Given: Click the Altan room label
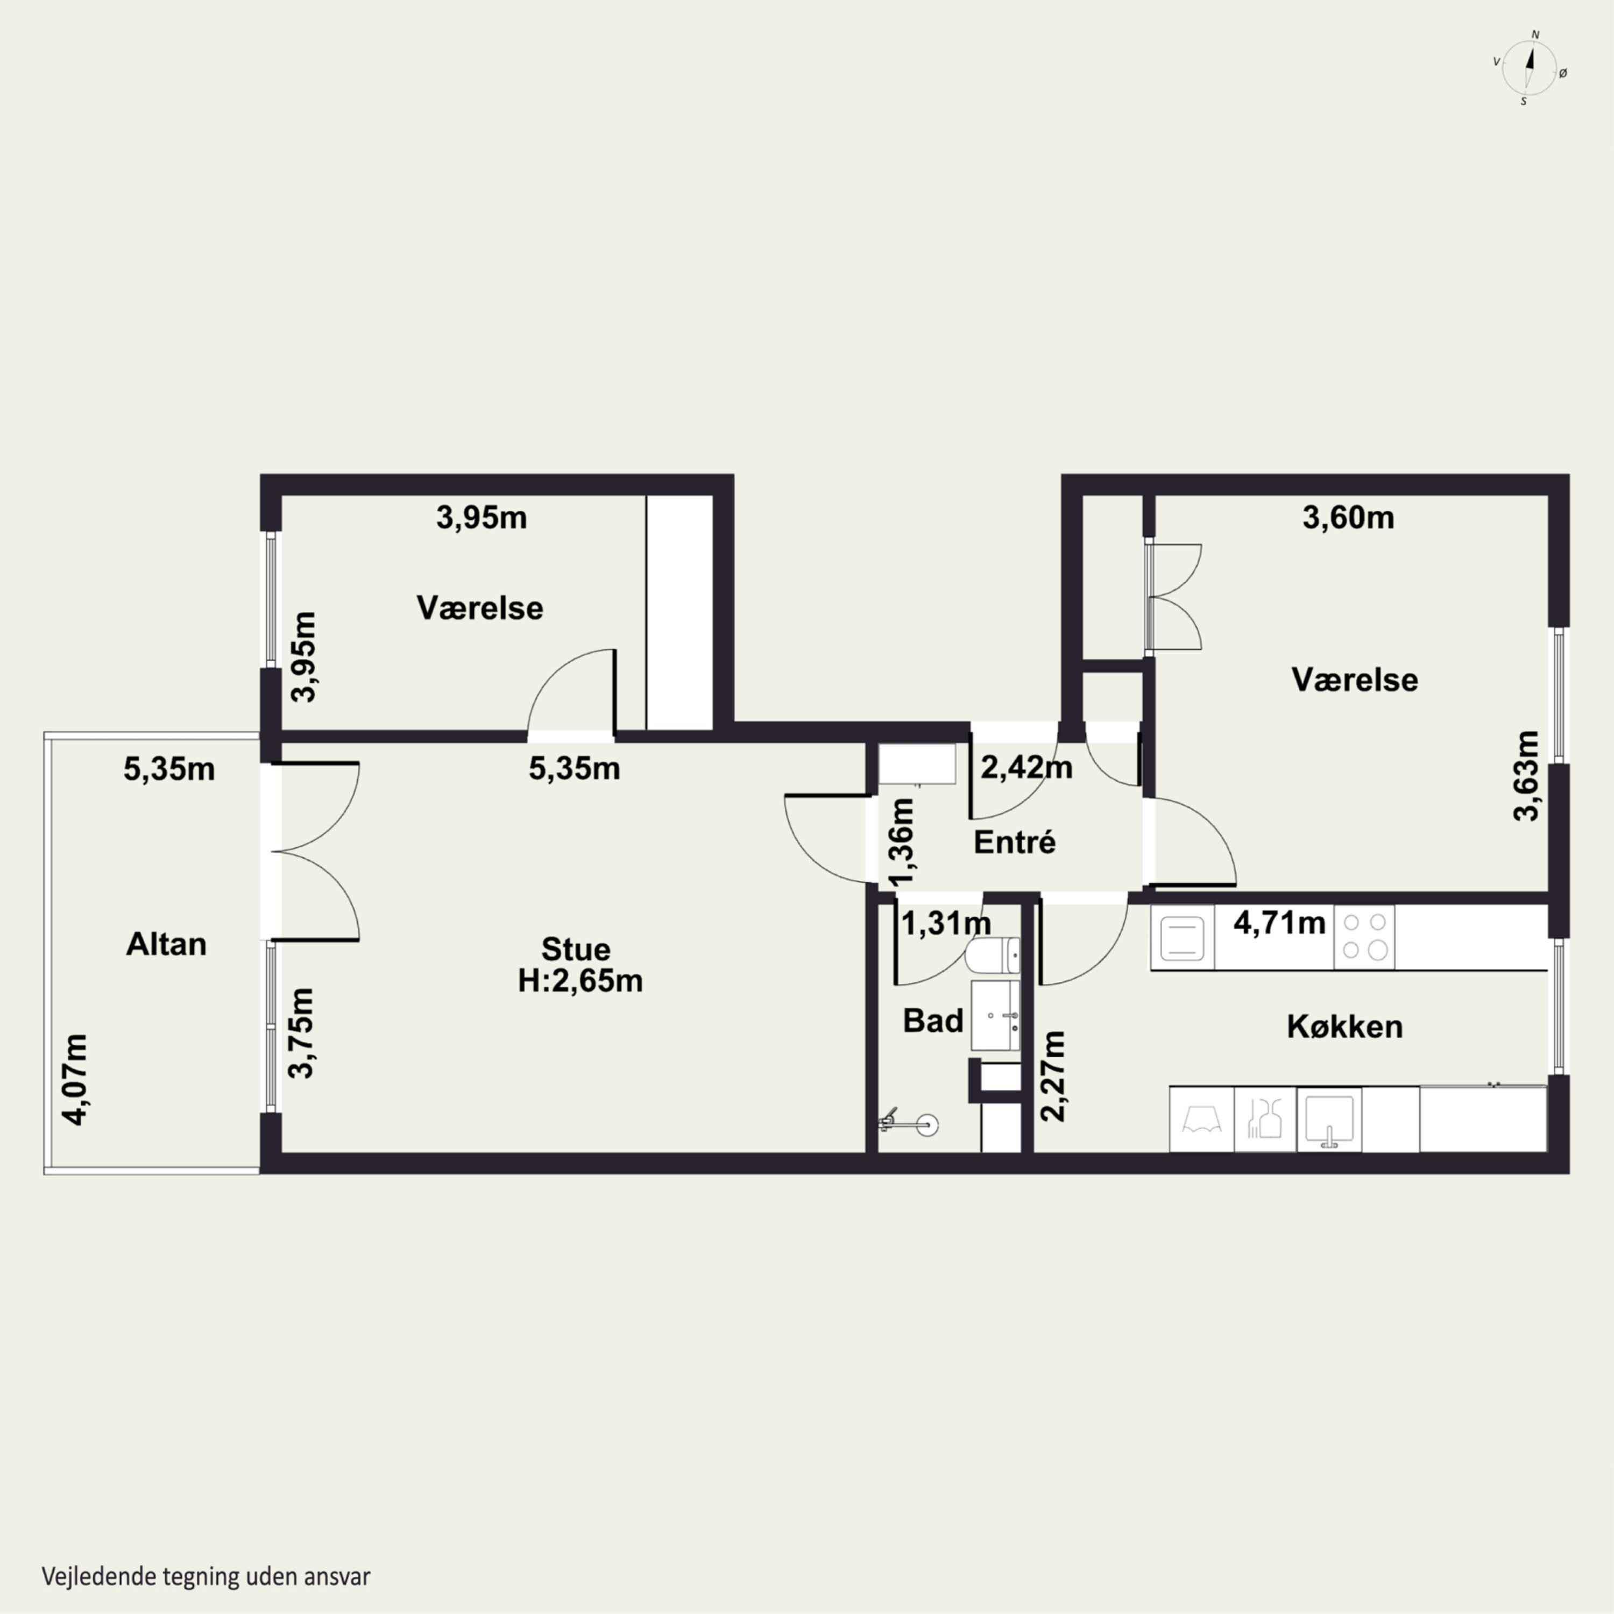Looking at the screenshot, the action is (166, 944).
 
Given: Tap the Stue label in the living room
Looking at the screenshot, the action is (576, 949).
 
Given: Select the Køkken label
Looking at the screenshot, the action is (1344, 1027).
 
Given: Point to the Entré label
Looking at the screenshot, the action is (1014, 842).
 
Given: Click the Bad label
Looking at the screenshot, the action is (933, 1020).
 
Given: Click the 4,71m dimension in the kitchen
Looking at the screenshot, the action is (1279, 923).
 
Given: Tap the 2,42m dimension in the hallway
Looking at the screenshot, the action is (1026, 767).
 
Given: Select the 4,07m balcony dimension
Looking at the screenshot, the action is (76, 1079).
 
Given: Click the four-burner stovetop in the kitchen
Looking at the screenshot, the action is (1364, 937).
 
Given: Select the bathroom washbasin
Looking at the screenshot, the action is (995, 1015).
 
